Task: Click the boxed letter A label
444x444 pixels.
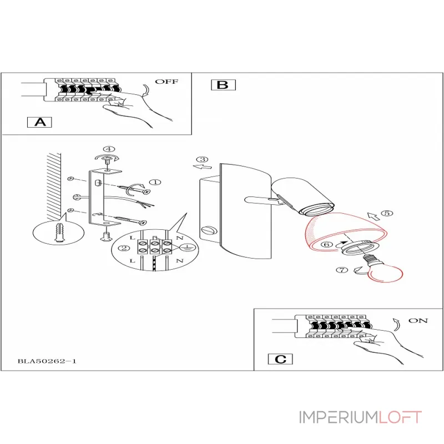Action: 40,122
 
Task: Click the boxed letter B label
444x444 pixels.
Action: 223,85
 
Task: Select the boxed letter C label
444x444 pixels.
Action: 281,359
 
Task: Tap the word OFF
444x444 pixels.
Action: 167,82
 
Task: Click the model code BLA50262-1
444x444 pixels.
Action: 47,361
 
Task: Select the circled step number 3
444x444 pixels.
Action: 204,159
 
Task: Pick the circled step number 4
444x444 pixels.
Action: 109,149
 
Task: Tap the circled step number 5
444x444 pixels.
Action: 387,213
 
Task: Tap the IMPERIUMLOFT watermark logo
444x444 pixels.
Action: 360,417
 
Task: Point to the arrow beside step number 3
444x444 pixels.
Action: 204,166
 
